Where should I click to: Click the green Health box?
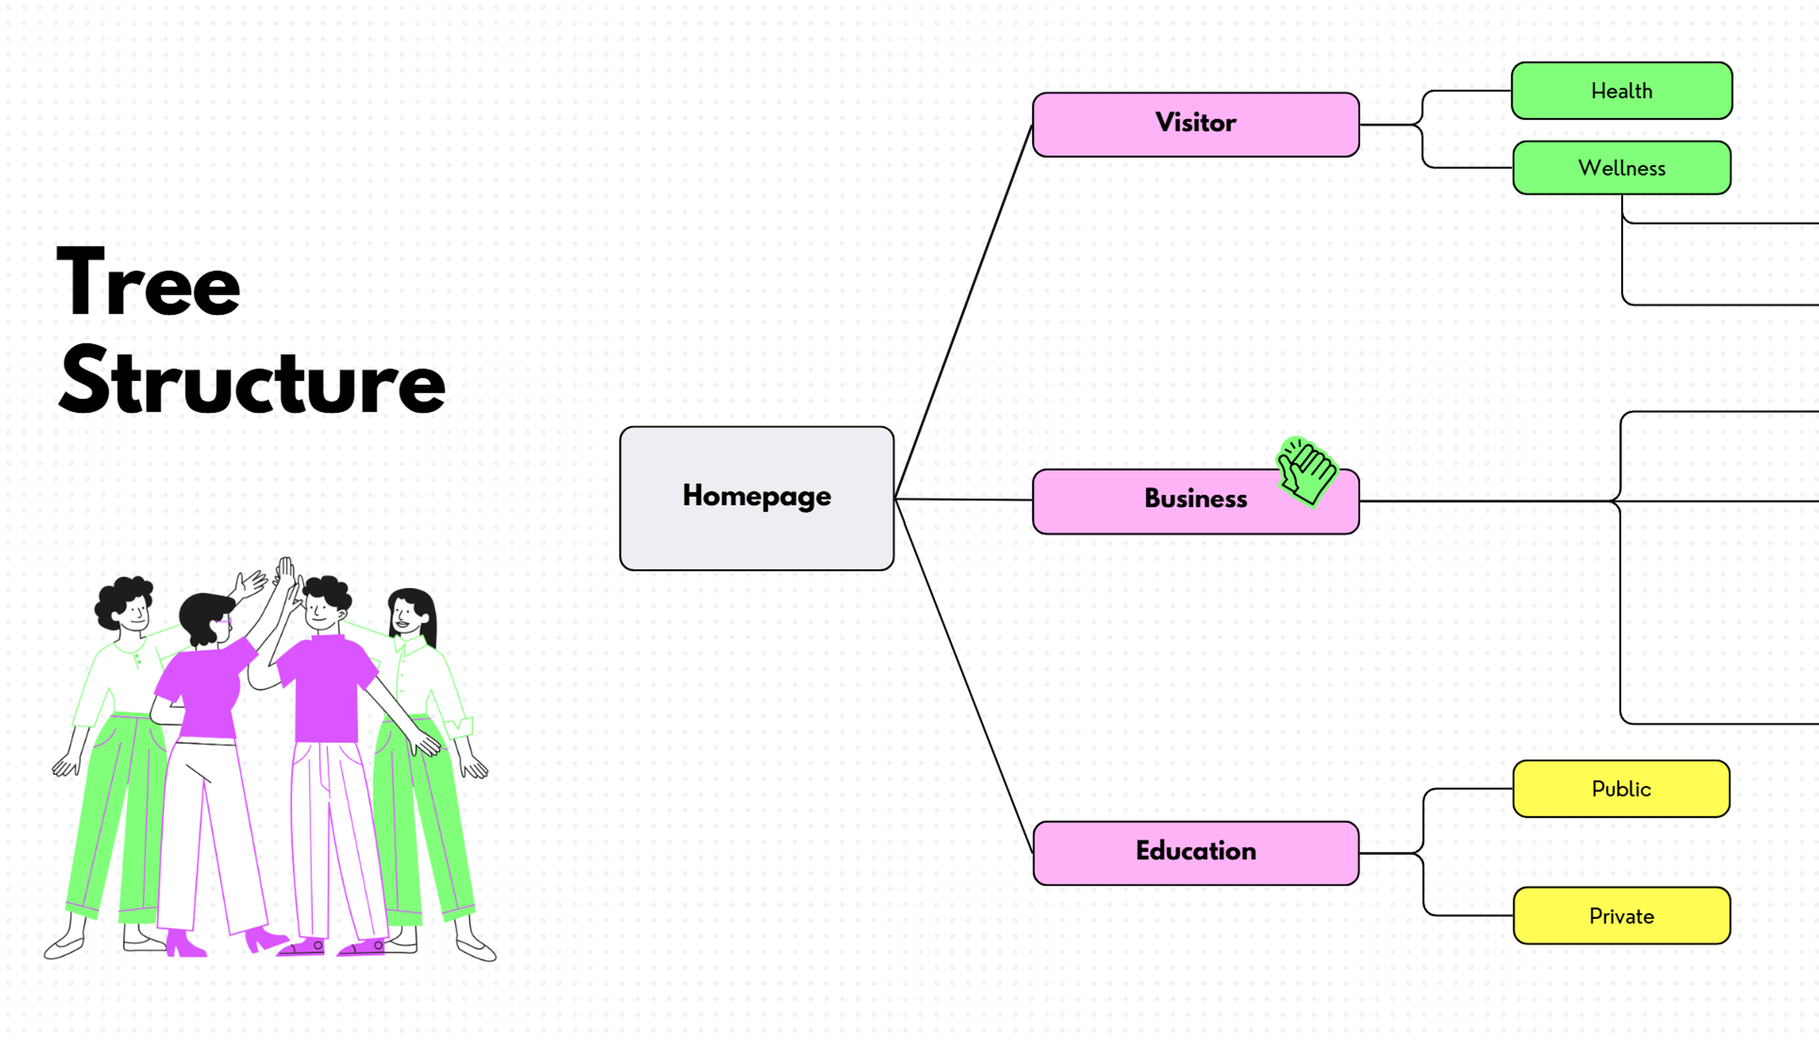[1621, 91]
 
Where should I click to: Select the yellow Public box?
[1621, 789]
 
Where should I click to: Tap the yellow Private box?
[1621, 916]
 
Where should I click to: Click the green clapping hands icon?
[1307, 472]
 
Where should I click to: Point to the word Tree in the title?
[148, 283]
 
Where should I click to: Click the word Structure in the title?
[251, 381]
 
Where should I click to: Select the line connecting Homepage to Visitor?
[963, 312]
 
